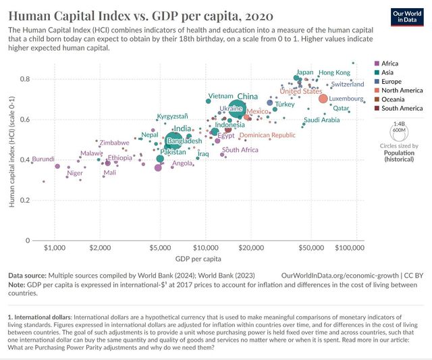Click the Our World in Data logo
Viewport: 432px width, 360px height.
click(x=407, y=17)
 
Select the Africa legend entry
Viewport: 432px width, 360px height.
click(x=389, y=63)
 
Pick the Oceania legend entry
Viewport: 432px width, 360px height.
click(x=393, y=99)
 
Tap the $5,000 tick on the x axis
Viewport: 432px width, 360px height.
click(x=160, y=248)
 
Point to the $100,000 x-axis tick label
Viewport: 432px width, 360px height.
click(x=349, y=248)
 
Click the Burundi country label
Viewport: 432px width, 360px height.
click(x=43, y=159)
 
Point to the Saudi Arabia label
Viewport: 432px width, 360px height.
click(x=321, y=120)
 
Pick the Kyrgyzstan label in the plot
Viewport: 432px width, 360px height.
click(x=172, y=117)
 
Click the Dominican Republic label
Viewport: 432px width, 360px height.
click(x=272, y=135)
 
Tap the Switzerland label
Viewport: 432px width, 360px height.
click(x=348, y=84)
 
